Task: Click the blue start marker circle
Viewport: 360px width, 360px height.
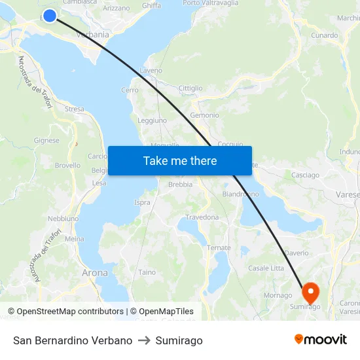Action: (x=49, y=15)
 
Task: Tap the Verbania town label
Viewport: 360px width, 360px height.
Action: (x=92, y=35)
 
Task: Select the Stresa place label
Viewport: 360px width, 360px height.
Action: (x=74, y=109)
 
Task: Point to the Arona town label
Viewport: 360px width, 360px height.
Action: (x=95, y=272)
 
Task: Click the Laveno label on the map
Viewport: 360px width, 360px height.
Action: (x=151, y=70)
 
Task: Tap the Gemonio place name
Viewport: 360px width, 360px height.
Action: (x=204, y=115)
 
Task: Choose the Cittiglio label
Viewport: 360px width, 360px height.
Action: (x=190, y=88)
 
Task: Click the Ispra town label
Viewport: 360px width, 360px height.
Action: (x=142, y=203)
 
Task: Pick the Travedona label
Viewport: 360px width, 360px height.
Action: (x=202, y=217)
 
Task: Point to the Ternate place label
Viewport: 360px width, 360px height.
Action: (x=219, y=247)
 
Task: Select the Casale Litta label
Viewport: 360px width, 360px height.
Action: (x=266, y=268)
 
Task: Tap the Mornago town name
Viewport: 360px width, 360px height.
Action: (x=278, y=295)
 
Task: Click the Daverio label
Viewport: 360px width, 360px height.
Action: (x=297, y=253)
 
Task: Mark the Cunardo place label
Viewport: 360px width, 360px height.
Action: (x=325, y=35)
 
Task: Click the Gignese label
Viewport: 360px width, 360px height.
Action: (x=46, y=140)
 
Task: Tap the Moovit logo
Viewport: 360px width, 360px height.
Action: (x=321, y=340)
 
